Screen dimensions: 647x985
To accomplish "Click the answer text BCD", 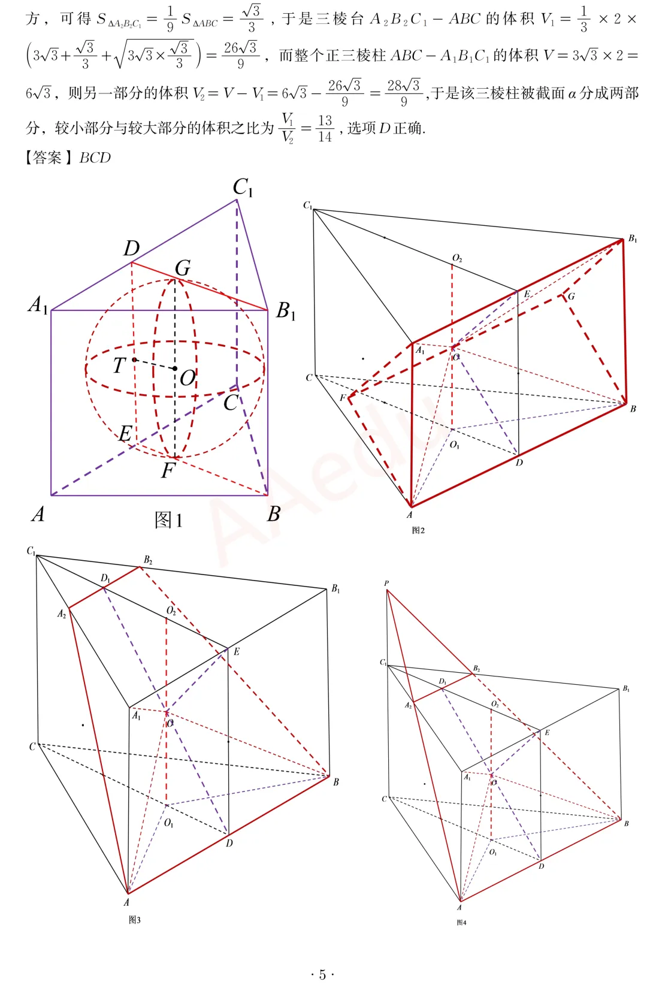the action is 95,158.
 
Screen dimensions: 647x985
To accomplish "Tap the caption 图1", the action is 168,520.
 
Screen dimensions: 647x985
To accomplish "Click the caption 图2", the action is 418,530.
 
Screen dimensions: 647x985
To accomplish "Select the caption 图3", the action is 135,920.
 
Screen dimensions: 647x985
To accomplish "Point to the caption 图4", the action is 461,923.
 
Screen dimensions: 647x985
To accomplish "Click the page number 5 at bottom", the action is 323,975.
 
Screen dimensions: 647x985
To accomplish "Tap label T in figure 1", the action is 119,365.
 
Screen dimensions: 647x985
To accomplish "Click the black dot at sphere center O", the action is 175,368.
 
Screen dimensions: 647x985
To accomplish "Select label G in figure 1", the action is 183,267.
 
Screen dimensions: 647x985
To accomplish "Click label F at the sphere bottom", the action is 168,470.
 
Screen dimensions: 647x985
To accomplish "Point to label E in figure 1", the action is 126,434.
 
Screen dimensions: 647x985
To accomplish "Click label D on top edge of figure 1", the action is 131,249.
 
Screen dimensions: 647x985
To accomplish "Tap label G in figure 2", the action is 572,297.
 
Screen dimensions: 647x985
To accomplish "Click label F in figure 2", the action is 343,398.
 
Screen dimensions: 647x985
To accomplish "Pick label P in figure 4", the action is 386,584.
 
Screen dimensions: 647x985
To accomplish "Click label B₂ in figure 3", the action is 148,560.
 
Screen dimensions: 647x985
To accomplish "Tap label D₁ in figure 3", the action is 105,578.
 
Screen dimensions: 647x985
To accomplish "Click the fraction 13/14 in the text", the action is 325,128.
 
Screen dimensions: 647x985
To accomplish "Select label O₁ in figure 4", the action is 493,852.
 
